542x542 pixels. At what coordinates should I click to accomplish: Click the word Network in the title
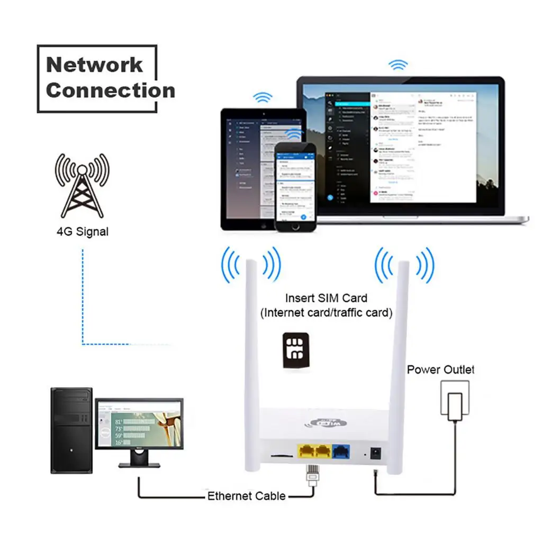click(94, 65)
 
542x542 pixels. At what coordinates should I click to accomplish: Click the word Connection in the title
click(110, 91)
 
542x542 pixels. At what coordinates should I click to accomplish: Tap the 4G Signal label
click(82, 231)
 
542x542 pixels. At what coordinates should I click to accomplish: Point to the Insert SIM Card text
click(326, 298)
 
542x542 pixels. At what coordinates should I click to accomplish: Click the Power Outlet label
click(440, 369)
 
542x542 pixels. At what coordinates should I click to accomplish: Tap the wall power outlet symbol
click(454, 399)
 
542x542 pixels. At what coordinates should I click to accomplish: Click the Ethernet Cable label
click(246, 496)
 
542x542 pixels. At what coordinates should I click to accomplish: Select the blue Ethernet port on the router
click(339, 451)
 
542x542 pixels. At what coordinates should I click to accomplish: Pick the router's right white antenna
click(400, 360)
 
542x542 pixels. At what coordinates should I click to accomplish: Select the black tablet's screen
click(249, 164)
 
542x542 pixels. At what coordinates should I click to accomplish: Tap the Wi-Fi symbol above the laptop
click(398, 65)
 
